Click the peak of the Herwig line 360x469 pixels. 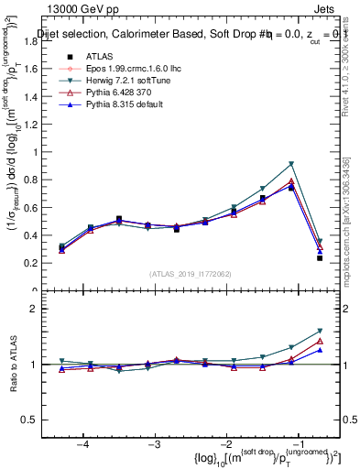coord(290,164)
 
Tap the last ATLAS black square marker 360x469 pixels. coord(320,258)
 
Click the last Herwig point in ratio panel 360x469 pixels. coord(320,331)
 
